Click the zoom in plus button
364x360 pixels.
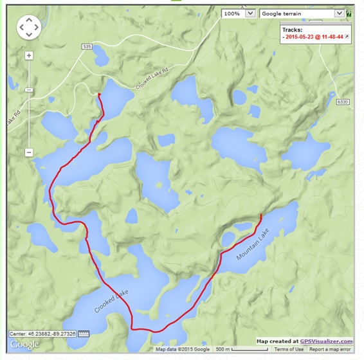(x=29, y=56)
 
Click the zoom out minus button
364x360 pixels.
(x=29, y=152)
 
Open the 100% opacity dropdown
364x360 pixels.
(x=239, y=13)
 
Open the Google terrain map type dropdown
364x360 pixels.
(x=302, y=13)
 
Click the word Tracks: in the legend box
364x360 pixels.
(x=293, y=30)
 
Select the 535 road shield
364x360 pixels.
(x=87, y=47)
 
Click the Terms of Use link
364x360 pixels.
(x=288, y=349)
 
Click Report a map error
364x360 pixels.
(x=331, y=349)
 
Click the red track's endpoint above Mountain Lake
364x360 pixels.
(x=260, y=215)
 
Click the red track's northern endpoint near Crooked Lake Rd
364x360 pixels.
(x=99, y=94)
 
